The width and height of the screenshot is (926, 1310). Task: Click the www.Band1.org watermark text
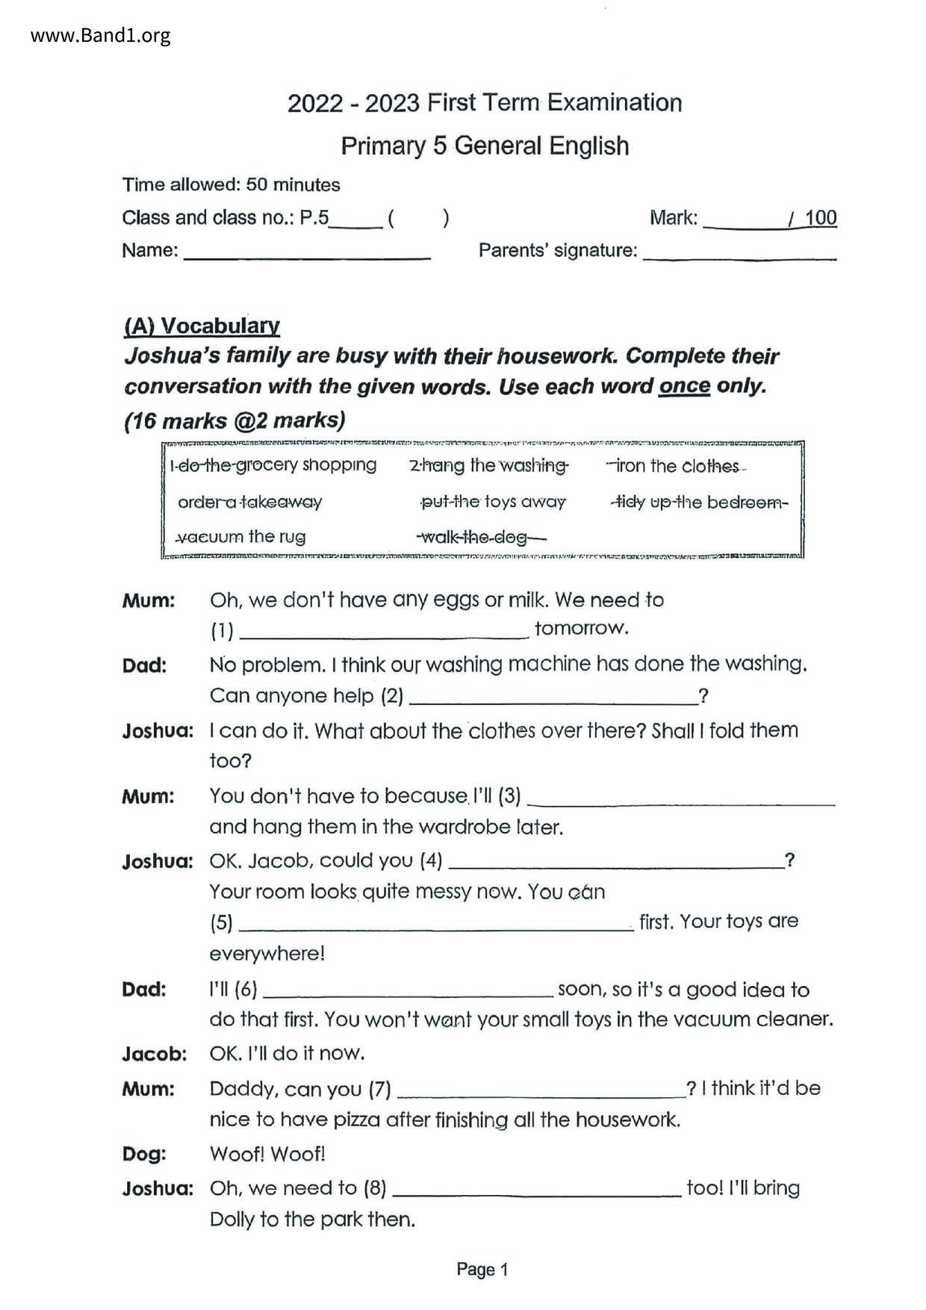100,35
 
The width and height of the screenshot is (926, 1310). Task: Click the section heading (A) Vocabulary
202,326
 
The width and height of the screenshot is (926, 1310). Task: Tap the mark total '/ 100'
812,218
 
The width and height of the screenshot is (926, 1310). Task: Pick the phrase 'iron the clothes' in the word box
676,466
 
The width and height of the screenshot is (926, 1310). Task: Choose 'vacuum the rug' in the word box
240,536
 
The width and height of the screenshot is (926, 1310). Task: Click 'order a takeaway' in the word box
249,502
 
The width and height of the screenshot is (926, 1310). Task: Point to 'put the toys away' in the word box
493,502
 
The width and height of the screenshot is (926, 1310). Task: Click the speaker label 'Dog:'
144,1154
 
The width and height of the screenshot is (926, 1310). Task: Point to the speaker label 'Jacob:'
155,1054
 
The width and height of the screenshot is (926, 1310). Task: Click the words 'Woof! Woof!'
267,1154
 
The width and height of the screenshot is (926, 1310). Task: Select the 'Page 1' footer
482,1269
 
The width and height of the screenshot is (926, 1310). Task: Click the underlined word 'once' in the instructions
683,386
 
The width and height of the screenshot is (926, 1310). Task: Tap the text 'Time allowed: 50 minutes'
231,184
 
